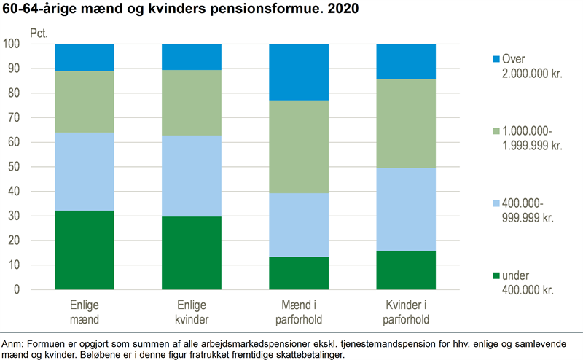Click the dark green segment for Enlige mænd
tap(85, 250)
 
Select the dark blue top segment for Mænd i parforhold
tap(299, 71)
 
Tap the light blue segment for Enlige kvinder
tap(192, 176)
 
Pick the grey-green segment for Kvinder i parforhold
tap(406, 123)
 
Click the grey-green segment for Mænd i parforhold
tap(299, 146)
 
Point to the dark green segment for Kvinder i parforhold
tap(406, 270)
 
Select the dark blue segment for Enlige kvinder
tap(192, 57)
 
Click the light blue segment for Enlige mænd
tap(85, 171)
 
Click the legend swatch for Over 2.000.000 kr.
tap(497, 59)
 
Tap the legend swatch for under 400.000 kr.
tap(497, 275)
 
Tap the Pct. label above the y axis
tap(39, 33)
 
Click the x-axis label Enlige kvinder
tap(192, 310)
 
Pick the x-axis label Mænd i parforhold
tap(299, 310)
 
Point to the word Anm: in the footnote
tap(13, 343)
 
